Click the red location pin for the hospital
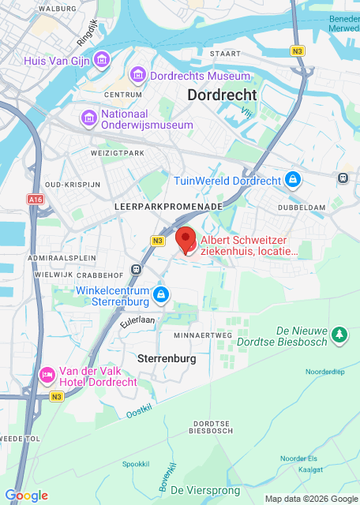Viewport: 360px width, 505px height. (x=186, y=238)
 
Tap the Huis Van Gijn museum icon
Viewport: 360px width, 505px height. (x=101, y=60)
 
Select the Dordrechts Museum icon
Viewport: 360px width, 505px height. (x=138, y=76)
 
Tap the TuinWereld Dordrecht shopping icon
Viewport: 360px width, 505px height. (x=293, y=181)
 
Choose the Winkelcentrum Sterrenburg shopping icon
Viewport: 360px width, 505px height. (x=161, y=295)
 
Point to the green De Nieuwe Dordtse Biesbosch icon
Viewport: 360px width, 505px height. (x=339, y=335)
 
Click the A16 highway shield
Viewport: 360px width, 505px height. (x=36, y=200)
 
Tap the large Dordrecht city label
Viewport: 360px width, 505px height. (x=222, y=95)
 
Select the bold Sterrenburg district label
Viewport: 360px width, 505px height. (x=167, y=359)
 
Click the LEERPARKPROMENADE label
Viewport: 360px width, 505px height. (x=168, y=206)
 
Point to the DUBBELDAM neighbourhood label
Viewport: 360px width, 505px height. (x=302, y=207)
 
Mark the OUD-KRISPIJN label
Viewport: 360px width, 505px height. (x=73, y=184)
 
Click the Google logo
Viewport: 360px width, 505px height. (x=26, y=496)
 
